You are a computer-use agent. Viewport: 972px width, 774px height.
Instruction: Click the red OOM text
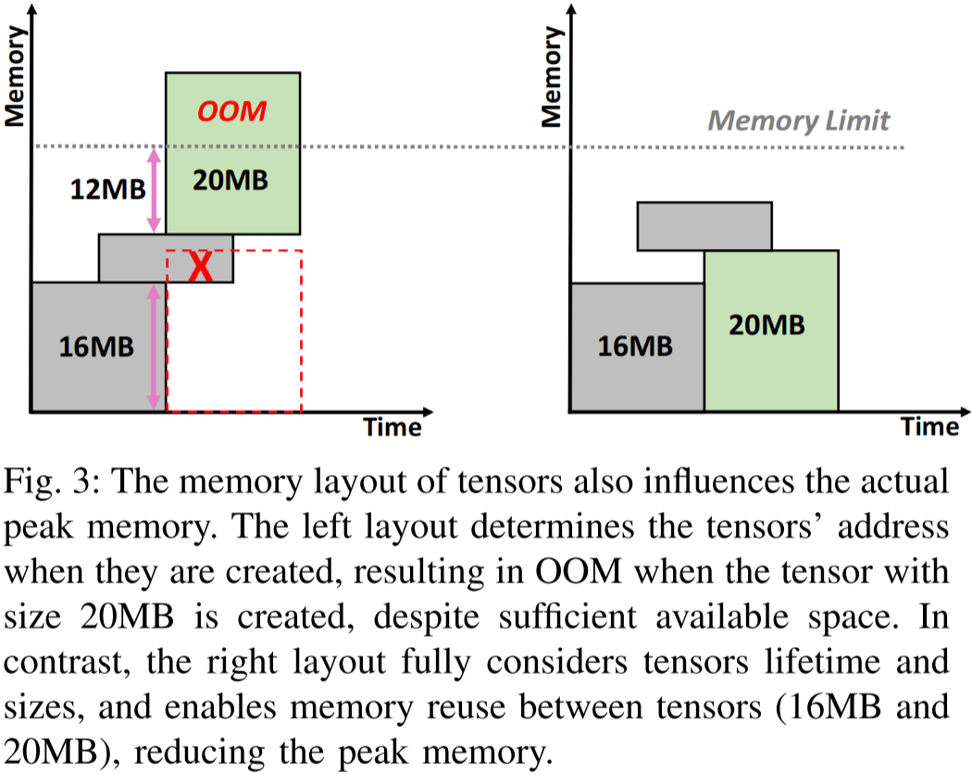click(x=232, y=111)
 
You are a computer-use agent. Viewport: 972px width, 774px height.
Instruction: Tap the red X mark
click(x=199, y=267)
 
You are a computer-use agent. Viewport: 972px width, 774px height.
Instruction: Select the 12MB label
click(x=107, y=190)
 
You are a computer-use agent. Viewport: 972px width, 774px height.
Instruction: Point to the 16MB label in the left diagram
click(x=95, y=347)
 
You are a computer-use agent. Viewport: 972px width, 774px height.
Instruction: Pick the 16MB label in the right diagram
click(x=635, y=347)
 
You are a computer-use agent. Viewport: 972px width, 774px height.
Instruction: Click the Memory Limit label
click(x=799, y=120)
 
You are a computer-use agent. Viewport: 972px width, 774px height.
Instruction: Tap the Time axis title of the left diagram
click(x=393, y=427)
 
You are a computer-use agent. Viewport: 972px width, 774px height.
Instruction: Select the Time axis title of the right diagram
click(x=930, y=427)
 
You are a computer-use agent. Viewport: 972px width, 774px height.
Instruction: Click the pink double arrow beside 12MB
click(x=154, y=191)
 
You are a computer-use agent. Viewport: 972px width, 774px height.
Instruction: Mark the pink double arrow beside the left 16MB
click(x=154, y=348)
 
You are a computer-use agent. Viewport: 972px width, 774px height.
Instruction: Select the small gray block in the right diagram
click(x=704, y=226)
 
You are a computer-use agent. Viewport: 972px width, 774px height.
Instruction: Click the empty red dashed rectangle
click(x=234, y=352)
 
